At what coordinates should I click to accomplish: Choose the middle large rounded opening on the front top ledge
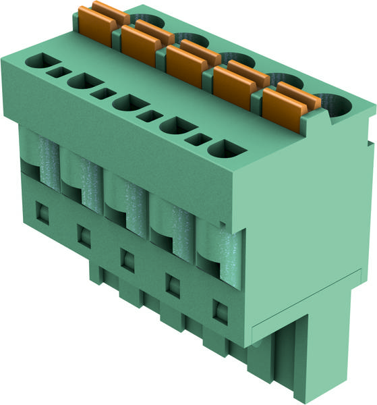[129, 103]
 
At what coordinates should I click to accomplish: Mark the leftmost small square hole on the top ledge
[58, 72]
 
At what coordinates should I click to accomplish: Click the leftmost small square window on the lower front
[42, 212]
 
